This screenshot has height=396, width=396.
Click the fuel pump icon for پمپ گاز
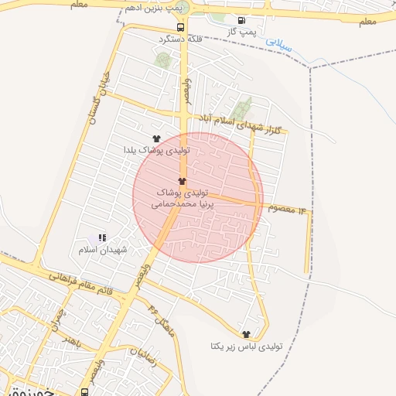click(243, 21)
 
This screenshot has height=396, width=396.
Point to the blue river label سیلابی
click(279, 44)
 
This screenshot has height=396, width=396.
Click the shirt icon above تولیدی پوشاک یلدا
click(157, 138)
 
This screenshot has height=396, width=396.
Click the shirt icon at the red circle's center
click(183, 179)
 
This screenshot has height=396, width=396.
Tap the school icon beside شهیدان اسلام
click(102, 238)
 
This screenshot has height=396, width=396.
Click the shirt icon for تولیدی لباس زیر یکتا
click(247, 334)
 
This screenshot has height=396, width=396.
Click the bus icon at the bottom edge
click(84, 391)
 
